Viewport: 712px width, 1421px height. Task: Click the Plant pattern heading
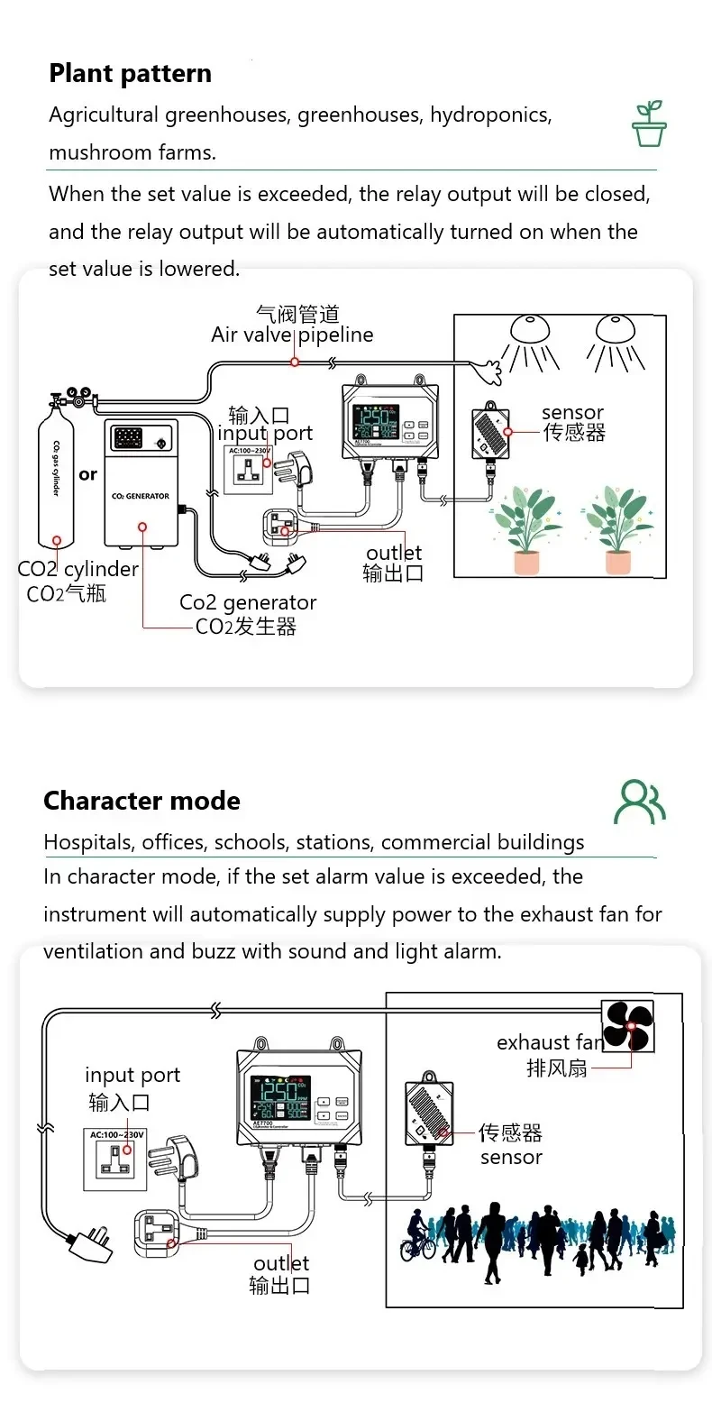pos(130,74)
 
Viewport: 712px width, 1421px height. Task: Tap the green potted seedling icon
pos(648,124)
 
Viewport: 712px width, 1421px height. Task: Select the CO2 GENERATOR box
pos(141,483)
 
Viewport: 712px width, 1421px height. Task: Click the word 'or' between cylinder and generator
pos(87,474)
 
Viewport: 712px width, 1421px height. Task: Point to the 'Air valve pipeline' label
pos(291,335)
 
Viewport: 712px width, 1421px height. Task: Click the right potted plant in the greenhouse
pos(618,527)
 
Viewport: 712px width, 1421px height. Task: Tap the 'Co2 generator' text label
pos(248,602)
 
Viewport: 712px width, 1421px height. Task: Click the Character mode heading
pos(141,801)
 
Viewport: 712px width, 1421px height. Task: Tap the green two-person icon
pos(639,802)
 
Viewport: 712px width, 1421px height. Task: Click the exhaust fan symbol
pos(628,1026)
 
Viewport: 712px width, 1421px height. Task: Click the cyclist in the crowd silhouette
pos(417,1236)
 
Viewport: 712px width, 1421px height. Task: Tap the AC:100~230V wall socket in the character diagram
pos(116,1159)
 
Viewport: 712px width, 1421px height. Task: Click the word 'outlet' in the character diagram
pos(281,1263)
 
